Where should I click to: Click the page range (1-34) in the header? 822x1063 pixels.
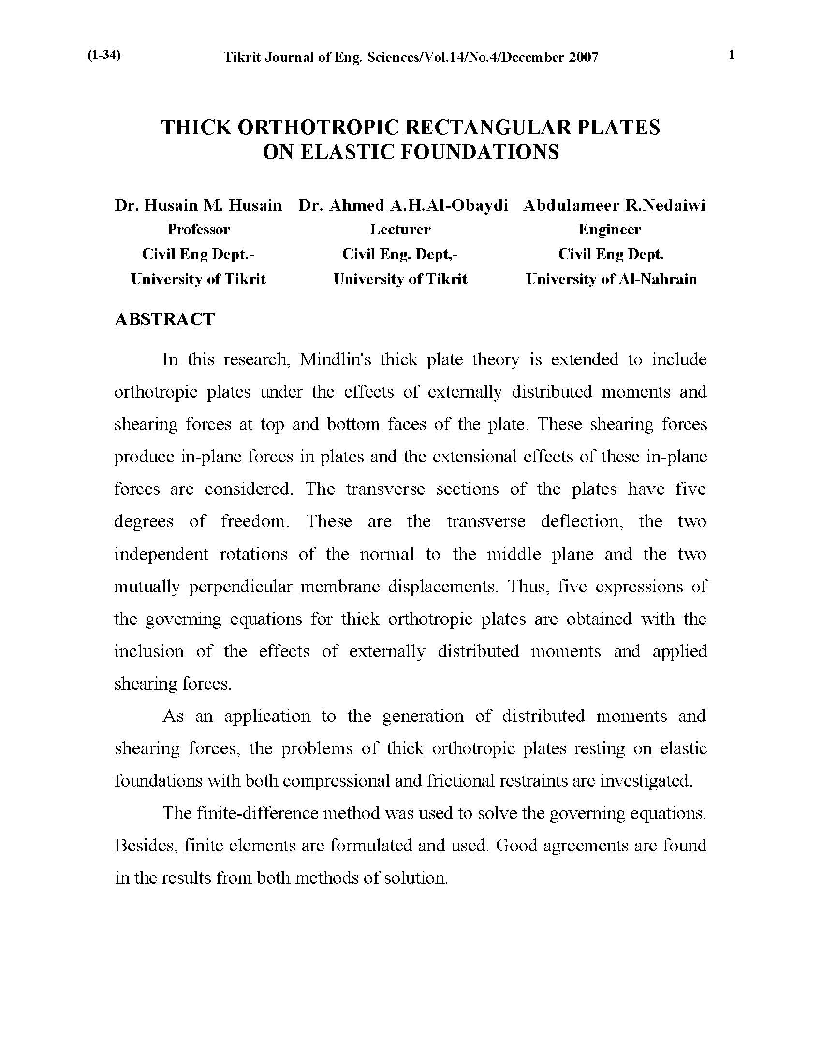(x=104, y=56)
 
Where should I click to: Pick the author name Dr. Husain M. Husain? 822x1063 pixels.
(x=198, y=205)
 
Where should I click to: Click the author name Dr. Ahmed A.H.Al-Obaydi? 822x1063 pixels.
(x=403, y=205)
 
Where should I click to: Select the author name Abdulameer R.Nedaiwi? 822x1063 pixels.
(x=614, y=205)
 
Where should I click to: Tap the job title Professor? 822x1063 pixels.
(x=198, y=229)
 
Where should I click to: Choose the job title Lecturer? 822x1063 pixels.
(x=400, y=229)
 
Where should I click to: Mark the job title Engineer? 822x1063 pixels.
(x=610, y=229)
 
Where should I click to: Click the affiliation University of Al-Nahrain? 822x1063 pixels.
(x=611, y=279)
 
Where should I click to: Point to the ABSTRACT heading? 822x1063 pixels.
(x=164, y=319)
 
